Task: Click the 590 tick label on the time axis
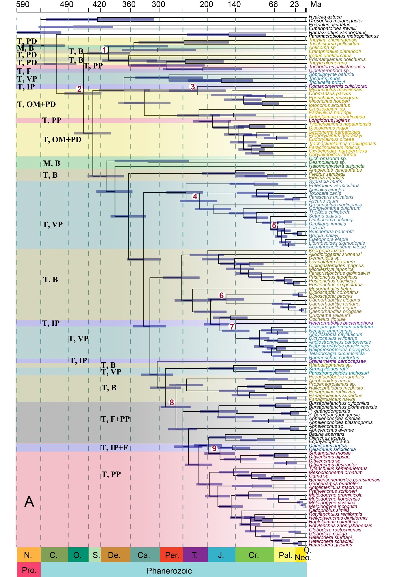point(23,4)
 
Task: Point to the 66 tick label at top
point(273,4)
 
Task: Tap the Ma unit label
point(316,4)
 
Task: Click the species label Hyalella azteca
point(325,17)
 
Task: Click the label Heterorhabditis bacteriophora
point(341,323)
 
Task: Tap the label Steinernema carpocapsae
point(337,361)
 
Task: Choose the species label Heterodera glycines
point(330,545)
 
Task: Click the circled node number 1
point(104,50)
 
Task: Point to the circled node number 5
point(274,225)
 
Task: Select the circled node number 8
point(172,402)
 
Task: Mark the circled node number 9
point(214,448)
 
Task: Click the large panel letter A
point(29,502)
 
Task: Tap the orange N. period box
point(28,555)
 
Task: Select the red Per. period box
point(172,555)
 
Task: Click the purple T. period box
point(195,555)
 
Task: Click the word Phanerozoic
point(169,571)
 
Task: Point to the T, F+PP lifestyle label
point(115,419)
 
